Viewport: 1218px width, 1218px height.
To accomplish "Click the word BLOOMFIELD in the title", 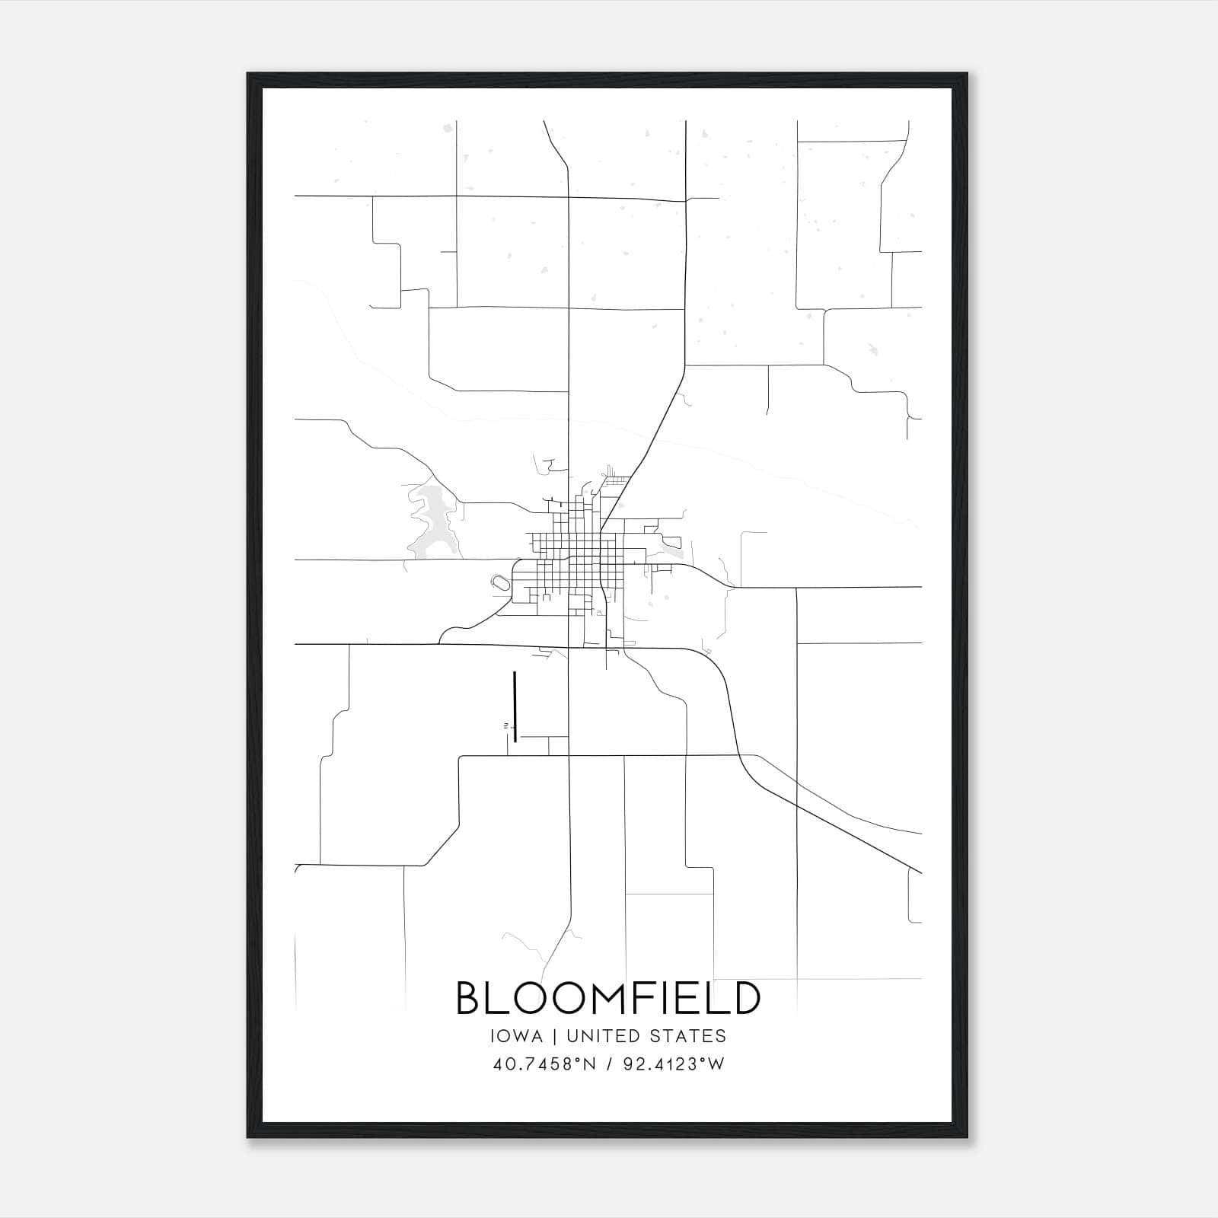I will click(608, 998).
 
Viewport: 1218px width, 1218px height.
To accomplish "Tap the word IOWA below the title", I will click(517, 1036).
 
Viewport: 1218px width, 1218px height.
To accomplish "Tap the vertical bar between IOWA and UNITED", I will click(555, 1036).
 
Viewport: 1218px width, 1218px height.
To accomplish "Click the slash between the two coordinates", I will click(609, 1064).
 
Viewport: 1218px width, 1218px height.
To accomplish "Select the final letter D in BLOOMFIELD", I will click(746, 998).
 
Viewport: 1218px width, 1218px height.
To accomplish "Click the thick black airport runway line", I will click(515, 706).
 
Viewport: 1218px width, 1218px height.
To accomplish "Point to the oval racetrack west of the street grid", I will click(501, 583).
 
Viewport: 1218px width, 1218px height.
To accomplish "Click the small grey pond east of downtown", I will click(672, 543).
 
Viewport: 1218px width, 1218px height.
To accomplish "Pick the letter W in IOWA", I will click(520, 1036).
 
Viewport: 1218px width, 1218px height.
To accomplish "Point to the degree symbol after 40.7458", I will click(572, 1060).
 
